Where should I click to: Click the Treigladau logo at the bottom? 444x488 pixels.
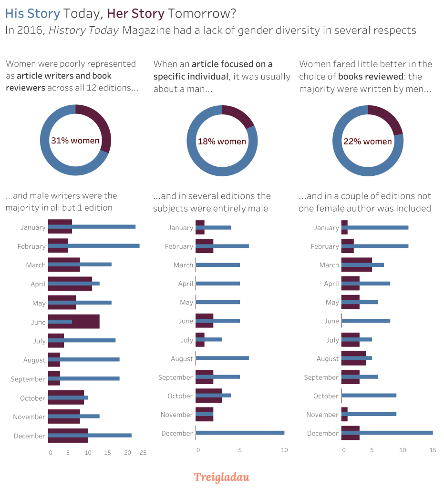pyautogui.click(x=221, y=477)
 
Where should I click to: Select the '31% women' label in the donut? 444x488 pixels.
pyautogui.click(x=75, y=141)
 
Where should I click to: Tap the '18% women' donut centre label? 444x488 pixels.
pyautogui.click(x=222, y=142)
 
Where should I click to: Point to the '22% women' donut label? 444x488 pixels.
pyautogui.click(x=368, y=142)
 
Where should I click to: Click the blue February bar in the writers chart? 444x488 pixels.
pyautogui.click(x=105, y=246)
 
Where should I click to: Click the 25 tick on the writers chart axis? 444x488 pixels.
pyautogui.click(x=143, y=453)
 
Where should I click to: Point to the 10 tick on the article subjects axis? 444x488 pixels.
pyautogui.click(x=284, y=450)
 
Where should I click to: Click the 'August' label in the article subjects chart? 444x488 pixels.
pyautogui.click(x=182, y=359)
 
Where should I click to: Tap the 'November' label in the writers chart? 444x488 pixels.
pyautogui.click(x=29, y=417)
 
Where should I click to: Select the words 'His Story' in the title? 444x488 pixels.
pyautogui.click(x=32, y=14)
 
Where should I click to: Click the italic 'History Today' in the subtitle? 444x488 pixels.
pyautogui.click(x=83, y=30)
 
